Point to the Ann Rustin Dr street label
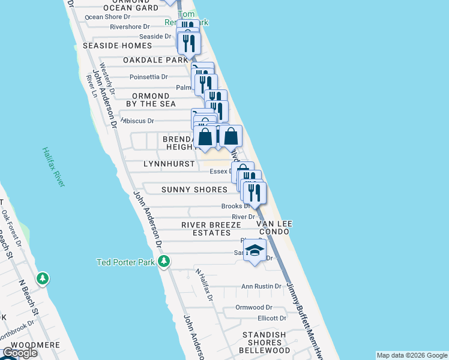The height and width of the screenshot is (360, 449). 261,286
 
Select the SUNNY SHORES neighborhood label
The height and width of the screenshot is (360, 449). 194,190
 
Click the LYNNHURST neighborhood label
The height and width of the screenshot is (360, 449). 169,164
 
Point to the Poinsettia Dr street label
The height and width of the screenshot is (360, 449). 149,76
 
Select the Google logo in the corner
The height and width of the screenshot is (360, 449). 20,353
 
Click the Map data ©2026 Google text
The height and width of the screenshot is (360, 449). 411,355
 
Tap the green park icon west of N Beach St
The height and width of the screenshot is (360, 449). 43,279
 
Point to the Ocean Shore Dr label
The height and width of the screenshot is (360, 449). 107,17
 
